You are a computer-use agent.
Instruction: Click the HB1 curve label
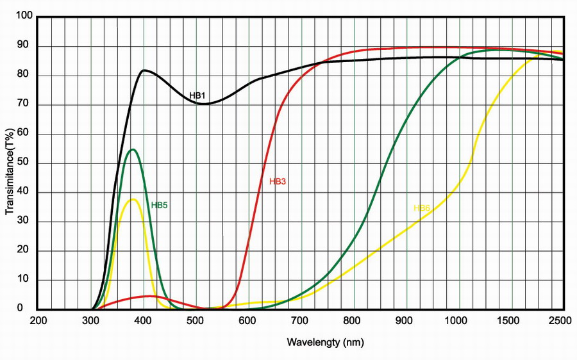point(197,95)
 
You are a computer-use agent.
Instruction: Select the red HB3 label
point(277,181)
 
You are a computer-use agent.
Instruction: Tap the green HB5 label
point(159,206)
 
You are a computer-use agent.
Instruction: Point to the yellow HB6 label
point(422,208)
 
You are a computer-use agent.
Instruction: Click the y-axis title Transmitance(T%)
point(10,173)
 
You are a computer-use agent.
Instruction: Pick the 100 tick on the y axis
point(24,17)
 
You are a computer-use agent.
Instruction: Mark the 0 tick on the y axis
point(29,309)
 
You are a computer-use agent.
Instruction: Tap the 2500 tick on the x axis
point(562,321)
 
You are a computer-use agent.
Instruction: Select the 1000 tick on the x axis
point(457,321)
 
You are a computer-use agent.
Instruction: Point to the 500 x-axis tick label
point(196,321)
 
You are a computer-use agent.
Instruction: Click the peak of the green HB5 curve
point(133,149)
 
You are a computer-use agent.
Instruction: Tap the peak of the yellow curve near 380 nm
point(133,199)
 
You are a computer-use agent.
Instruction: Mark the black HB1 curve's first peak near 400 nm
point(144,70)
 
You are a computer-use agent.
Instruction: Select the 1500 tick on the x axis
point(510,321)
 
